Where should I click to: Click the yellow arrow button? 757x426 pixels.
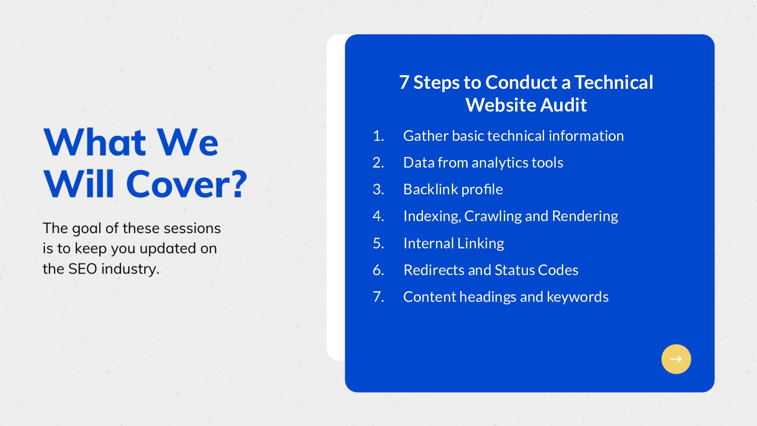point(676,359)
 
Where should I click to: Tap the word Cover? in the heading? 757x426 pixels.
point(187,184)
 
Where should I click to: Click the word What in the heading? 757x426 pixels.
point(95,142)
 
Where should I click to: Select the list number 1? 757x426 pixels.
point(379,136)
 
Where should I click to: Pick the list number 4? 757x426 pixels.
point(379,216)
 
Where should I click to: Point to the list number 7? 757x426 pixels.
point(379,297)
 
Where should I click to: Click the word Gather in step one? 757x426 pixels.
point(426,136)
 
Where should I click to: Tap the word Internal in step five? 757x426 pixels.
point(428,243)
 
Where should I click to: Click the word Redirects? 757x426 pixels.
point(434,270)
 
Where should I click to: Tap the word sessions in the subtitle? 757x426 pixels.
point(192,229)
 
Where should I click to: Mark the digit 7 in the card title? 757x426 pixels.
point(404,82)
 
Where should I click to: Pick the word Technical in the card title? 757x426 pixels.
point(614,82)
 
